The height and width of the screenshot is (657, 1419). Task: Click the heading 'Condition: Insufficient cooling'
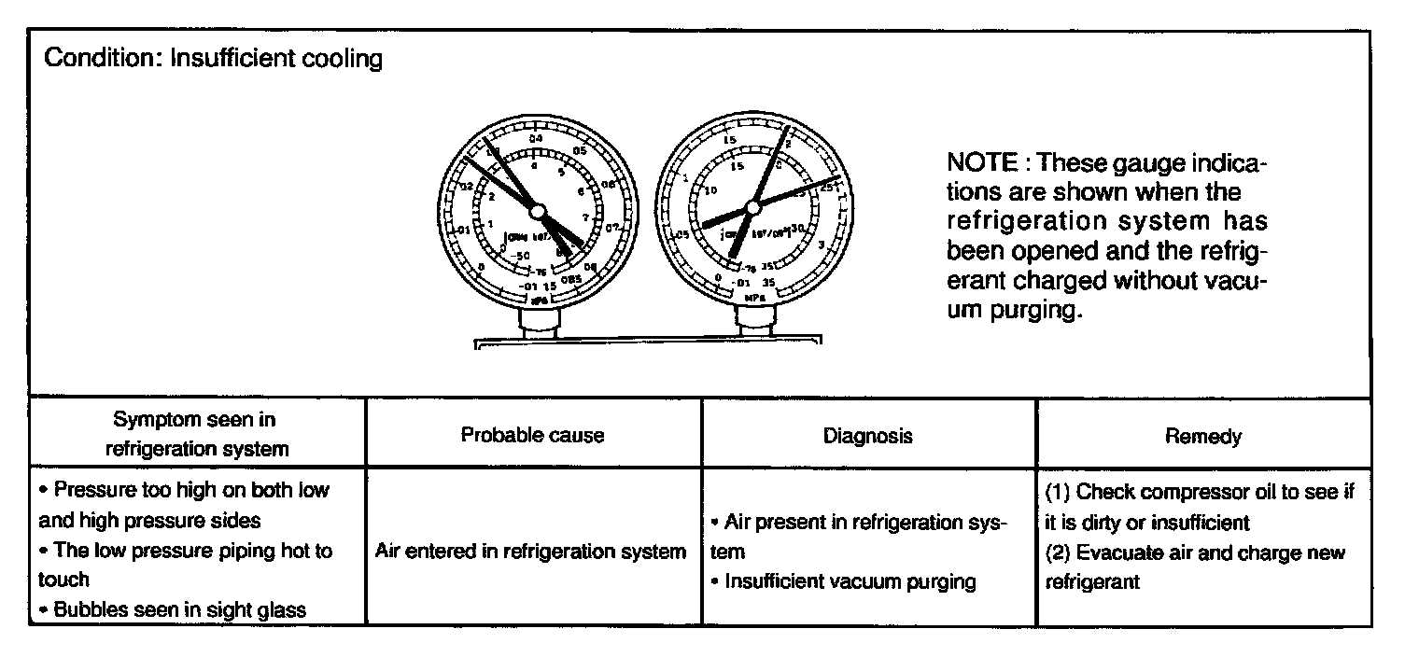[x=214, y=59]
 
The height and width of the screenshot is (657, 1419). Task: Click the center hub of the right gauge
[x=752, y=207]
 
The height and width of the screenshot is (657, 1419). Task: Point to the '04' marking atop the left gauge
[x=536, y=139]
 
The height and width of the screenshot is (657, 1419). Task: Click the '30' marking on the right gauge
[x=797, y=227]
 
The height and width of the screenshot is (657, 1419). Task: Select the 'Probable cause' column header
[x=532, y=435]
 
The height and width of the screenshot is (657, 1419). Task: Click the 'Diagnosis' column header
[x=868, y=435]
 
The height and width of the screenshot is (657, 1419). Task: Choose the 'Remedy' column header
[x=1203, y=435]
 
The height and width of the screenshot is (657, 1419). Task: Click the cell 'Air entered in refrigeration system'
[x=530, y=551]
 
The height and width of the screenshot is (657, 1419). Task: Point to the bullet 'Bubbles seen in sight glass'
[x=179, y=609]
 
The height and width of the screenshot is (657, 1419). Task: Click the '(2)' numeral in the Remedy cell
[x=1058, y=552]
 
